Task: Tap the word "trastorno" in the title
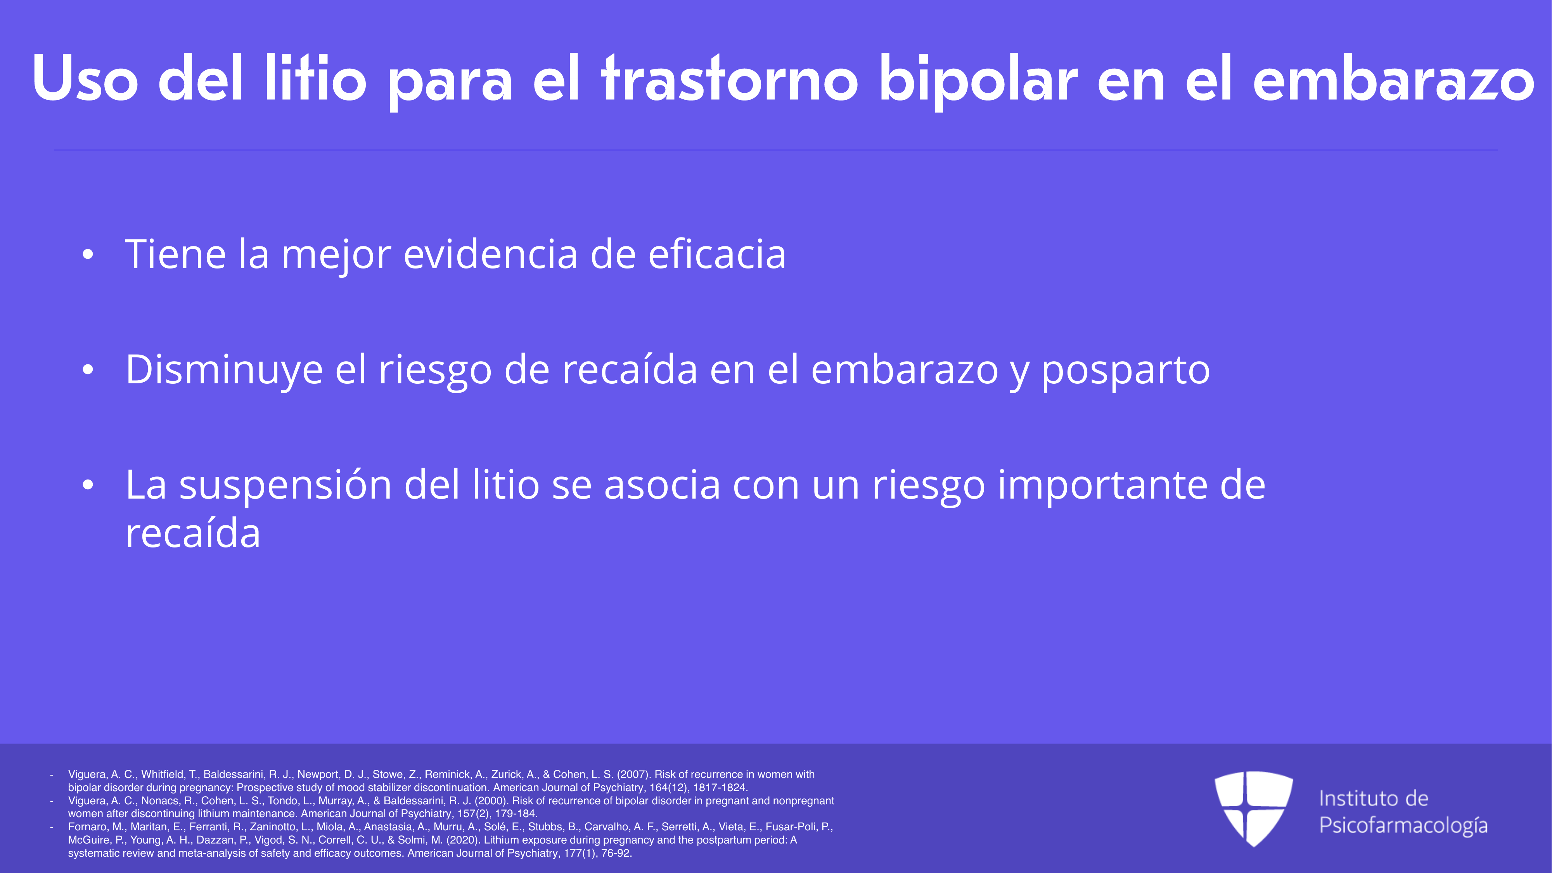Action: point(730,78)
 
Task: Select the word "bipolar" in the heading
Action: point(978,82)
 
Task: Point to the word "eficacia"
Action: point(717,254)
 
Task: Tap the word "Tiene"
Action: point(175,254)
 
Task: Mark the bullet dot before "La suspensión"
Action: point(88,486)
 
